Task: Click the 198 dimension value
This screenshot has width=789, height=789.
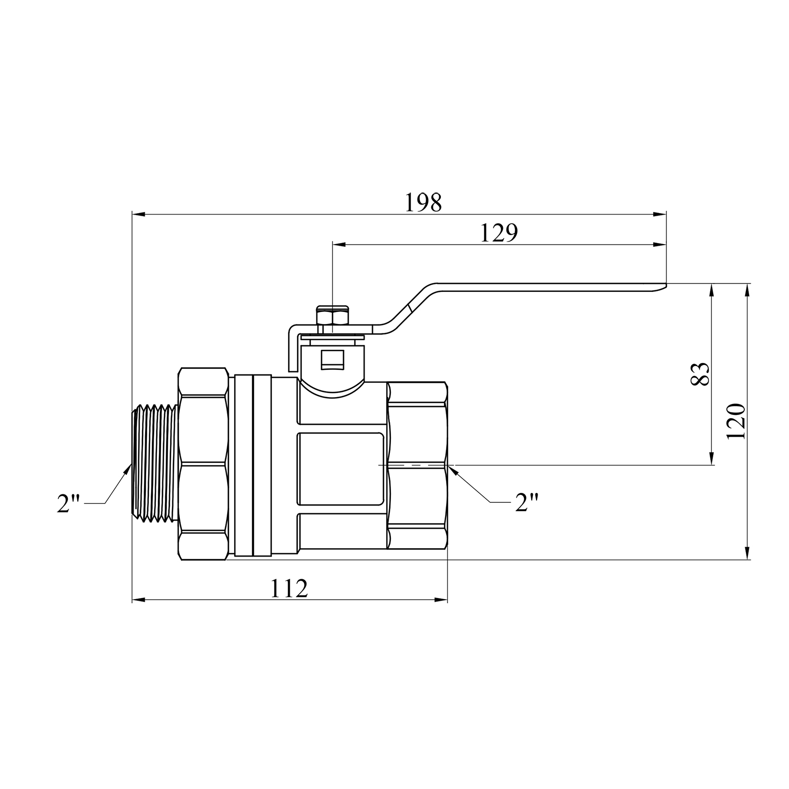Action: pos(423,203)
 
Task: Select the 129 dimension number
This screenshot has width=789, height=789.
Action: pos(499,233)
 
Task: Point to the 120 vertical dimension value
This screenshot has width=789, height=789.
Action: pos(736,421)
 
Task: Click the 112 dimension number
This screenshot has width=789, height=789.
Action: pos(289,589)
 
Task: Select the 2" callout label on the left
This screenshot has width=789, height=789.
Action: pos(68,504)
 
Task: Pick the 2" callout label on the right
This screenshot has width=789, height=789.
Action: pos(527,503)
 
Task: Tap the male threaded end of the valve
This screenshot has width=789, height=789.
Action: pos(156,464)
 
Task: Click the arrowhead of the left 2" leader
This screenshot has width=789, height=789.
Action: pos(127,470)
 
